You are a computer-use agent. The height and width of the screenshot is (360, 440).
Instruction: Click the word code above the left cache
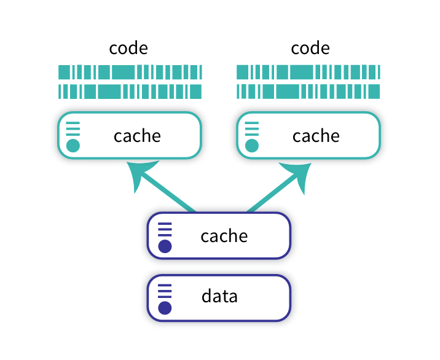[128, 48]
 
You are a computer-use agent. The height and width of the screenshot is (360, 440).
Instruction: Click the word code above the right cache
[310, 48]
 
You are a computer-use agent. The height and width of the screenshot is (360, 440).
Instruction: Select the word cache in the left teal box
[137, 136]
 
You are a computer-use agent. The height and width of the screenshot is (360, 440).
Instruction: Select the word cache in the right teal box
[316, 136]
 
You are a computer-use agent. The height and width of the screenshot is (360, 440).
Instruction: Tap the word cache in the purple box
[224, 236]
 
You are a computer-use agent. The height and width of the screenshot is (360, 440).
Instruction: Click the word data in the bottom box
[219, 297]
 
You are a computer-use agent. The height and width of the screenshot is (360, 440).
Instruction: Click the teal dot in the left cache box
[73, 146]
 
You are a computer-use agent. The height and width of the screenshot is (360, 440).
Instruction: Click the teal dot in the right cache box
[252, 146]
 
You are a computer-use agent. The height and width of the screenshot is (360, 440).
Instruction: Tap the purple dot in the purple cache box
[165, 246]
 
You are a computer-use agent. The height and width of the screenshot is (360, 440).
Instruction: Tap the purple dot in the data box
[165, 308]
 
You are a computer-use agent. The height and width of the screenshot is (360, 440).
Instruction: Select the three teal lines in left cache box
[73, 128]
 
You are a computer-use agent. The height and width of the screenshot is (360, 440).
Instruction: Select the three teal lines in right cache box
[252, 128]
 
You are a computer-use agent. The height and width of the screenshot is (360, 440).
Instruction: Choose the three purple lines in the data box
[165, 291]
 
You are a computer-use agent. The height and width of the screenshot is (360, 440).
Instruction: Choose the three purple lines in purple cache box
[165, 229]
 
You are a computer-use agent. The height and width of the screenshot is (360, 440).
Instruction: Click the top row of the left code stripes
[130, 72]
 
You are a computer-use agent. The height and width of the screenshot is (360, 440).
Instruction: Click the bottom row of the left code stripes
[130, 92]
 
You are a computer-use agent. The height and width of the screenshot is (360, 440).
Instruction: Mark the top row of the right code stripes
[308, 72]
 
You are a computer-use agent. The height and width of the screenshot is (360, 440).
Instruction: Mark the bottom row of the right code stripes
[308, 92]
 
